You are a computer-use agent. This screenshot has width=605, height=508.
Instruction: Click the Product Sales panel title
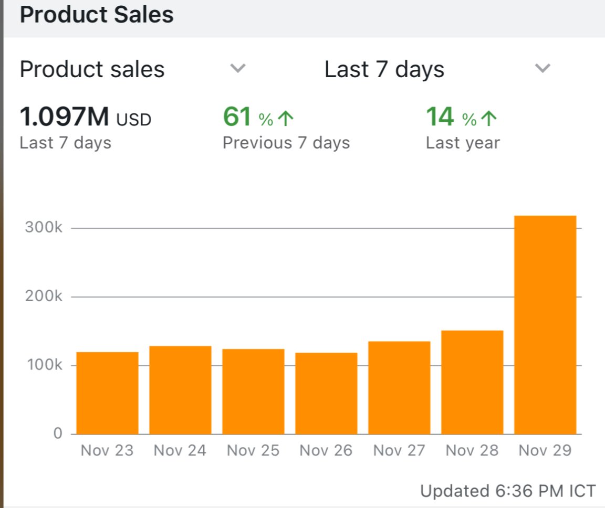tap(97, 15)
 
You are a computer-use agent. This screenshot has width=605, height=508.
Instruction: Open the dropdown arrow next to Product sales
tap(238, 68)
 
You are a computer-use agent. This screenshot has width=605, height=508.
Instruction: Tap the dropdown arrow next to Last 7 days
tap(542, 68)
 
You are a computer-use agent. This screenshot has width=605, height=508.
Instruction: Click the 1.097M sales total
tap(64, 117)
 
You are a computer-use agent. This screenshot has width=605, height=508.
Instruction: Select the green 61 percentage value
tap(237, 117)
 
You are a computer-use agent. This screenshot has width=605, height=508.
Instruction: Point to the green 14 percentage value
tap(440, 117)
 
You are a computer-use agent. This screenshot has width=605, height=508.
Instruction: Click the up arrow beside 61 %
tap(285, 120)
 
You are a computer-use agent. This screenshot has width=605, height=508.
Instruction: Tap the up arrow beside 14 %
tap(488, 120)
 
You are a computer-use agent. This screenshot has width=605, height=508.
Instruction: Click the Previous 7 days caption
tap(286, 143)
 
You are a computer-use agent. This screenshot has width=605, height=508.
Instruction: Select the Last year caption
tap(463, 143)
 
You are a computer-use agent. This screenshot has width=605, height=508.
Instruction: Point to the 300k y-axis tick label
tap(44, 228)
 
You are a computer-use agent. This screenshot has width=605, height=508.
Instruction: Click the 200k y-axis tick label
tap(44, 297)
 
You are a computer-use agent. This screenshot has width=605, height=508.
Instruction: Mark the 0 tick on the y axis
tap(57, 434)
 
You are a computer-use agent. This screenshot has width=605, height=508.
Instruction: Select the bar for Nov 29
tap(545, 325)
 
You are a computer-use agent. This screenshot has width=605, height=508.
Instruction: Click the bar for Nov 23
tap(108, 393)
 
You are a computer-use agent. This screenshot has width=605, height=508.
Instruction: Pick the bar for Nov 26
tap(326, 394)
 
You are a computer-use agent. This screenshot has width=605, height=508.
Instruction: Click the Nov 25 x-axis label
tap(253, 451)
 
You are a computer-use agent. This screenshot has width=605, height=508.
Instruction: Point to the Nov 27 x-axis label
tap(399, 451)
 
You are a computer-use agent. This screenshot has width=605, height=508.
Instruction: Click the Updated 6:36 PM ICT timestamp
tap(508, 491)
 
